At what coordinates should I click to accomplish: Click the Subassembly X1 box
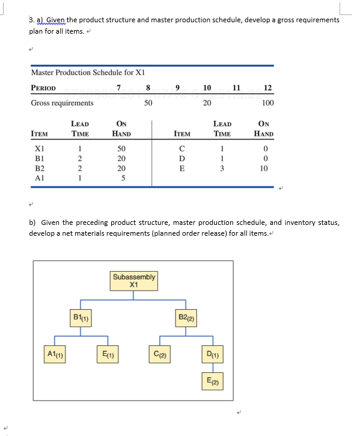point(134,281)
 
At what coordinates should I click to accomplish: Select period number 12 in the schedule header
point(267,88)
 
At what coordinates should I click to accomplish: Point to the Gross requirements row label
point(62,103)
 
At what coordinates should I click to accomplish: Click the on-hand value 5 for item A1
point(122,178)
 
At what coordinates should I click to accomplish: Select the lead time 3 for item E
point(222,168)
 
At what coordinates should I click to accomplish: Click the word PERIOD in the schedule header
point(43,88)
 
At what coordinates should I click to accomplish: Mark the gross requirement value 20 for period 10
point(207,103)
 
